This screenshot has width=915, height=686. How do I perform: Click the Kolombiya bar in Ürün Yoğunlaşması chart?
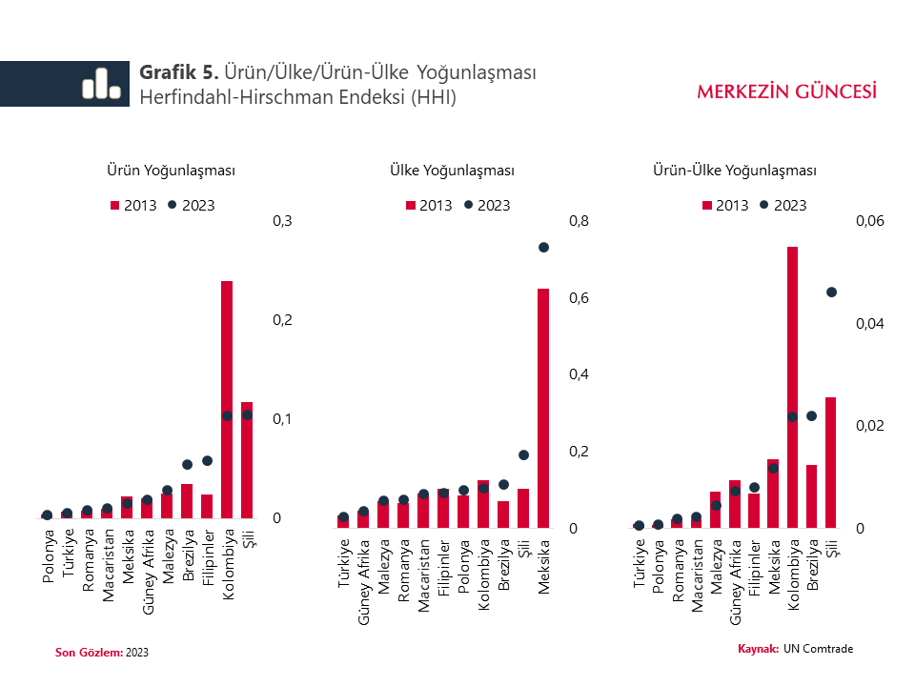pyautogui.click(x=227, y=400)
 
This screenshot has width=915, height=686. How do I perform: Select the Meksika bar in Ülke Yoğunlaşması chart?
pyautogui.click(x=543, y=410)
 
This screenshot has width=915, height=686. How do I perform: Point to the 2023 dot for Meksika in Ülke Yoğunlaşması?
pyautogui.click(x=543, y=248)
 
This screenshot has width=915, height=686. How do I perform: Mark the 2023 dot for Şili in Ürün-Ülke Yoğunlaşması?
pyautogui.click(x=831, y=292)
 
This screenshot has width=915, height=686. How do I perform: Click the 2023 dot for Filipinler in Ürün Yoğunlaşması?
pyautogui.click(x=207, y=461)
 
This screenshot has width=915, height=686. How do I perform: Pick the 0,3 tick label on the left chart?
pyautogui.click(x=282, y=221)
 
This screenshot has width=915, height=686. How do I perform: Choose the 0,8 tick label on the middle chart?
pyautogui.click(x=579, y=221)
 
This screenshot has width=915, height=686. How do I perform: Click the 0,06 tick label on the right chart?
pyautogui.click(x=870, y=221)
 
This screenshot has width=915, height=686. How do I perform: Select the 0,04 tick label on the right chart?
pyautogui.click(x=870, y=324)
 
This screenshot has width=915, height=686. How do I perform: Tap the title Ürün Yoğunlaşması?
pyautogui.click(x=171, y=171)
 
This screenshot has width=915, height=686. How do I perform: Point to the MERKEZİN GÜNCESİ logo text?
pyautogui.click(x=787, y=91)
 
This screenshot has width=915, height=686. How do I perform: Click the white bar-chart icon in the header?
pyautogui.click(x=101, y=84)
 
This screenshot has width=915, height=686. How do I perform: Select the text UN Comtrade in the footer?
pyautogui.click(x=819, y=649)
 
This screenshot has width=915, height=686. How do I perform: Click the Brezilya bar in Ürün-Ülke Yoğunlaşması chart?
pyautogui.click(x=812, y=495)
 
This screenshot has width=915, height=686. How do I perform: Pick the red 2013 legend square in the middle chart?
pyautogui.click(x=412, y=206)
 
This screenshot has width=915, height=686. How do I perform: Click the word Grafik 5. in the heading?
pyautogui.click(x=180, y=72)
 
